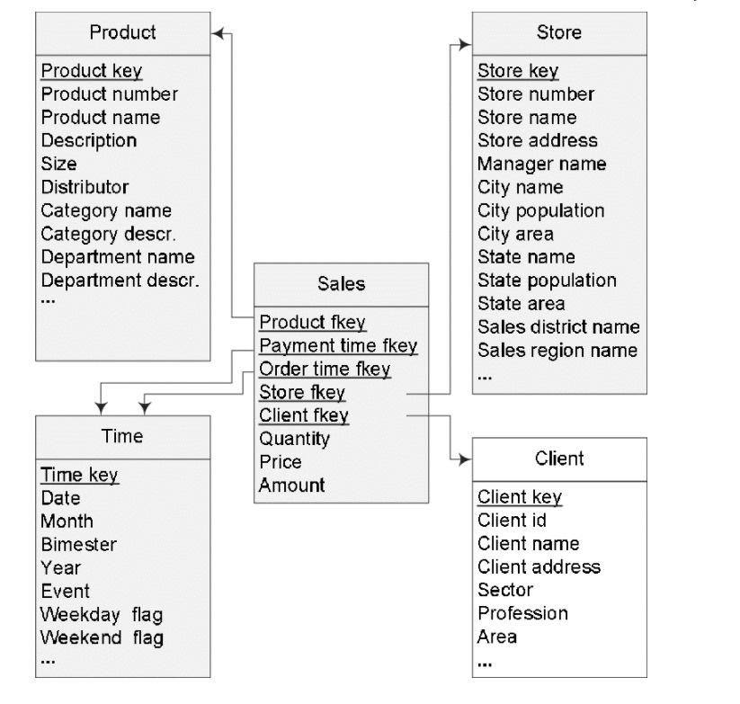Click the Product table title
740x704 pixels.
122,32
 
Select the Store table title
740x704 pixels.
558,32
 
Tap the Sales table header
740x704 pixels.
342,283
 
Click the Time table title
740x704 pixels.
122,436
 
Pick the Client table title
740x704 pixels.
558,459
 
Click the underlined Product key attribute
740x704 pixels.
92,70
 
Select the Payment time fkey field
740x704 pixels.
338,345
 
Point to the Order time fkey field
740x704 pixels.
325,369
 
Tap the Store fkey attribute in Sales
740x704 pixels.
302,392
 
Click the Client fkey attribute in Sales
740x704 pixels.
304,415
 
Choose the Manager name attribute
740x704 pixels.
541,164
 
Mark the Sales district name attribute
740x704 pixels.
557,326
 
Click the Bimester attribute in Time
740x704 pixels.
78,544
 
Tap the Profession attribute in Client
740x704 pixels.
522,613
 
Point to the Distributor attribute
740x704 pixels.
85,187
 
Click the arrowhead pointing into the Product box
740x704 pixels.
217,33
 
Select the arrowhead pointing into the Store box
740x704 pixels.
466,43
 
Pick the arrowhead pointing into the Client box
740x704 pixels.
465,459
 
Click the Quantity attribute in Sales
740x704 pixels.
294,439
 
